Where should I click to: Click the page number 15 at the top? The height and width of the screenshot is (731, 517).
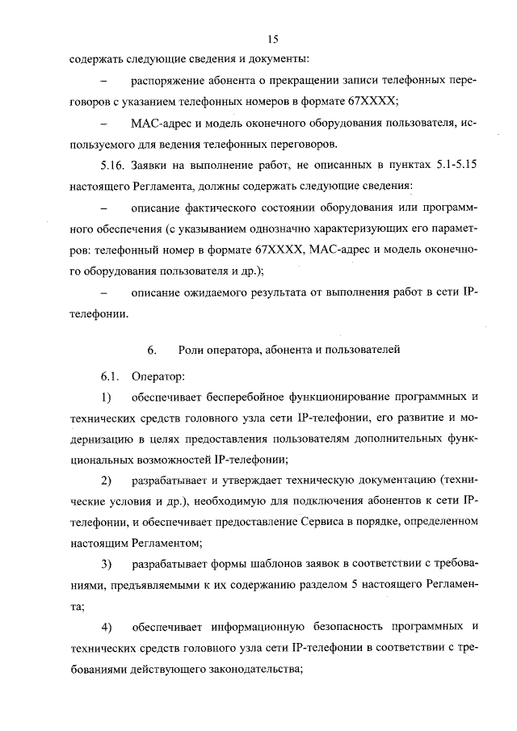tap(273, 39)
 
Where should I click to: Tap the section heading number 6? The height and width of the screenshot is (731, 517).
tap(150, 350)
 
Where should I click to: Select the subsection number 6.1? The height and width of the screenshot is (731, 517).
tap(109, 376)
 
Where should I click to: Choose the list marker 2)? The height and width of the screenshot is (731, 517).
tap(106, 481)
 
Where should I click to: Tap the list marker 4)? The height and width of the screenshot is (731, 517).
tap(106, 627)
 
